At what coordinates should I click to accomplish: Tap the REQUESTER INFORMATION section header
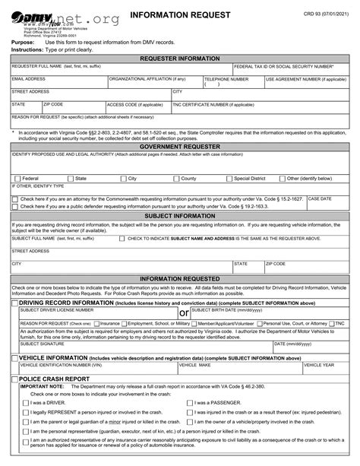tap(180, 58)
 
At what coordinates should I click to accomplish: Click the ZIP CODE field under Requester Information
tap(72, 108)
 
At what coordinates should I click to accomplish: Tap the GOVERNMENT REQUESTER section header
tap(180, 146)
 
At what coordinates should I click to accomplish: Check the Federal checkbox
tap(16, 178)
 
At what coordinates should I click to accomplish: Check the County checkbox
tap(177, 178)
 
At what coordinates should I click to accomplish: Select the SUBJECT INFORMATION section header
tap(180, 216)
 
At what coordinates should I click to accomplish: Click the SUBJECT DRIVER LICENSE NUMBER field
tap(94, 314)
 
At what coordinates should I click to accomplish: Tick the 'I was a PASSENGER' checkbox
tap(190, 402)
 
